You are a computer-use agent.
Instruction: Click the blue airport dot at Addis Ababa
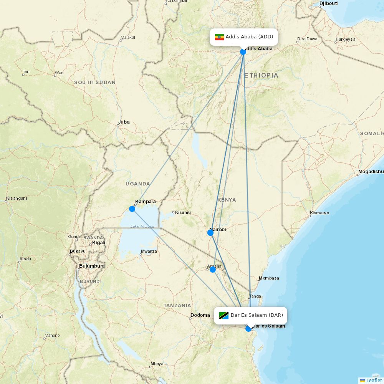[243, 51]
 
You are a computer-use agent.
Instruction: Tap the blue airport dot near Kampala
[132, 209]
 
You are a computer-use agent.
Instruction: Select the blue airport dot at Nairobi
[210, 233]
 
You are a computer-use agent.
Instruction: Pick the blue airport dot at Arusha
[213, 270]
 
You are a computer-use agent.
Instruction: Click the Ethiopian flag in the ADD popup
[219, 37]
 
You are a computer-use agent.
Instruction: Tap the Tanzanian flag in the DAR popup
[224, 316]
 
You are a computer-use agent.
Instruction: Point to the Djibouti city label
[328, 4]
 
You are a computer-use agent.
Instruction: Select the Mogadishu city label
[371, 172]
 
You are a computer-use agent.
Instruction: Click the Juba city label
[124, 122]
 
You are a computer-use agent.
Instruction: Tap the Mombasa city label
[269, 278]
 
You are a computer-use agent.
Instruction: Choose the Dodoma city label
[200, 315]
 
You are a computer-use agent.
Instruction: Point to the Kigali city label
[99, 243]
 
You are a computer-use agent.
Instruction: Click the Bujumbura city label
[92, 266]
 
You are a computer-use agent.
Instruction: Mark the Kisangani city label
[17, 199]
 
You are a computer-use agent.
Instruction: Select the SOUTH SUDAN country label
[94, 83]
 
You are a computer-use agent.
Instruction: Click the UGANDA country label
[137, 184]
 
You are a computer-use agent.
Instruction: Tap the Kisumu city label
[183, 212]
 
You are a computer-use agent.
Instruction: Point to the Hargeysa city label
[345, 39]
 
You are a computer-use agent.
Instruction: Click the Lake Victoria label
[142, 227]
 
